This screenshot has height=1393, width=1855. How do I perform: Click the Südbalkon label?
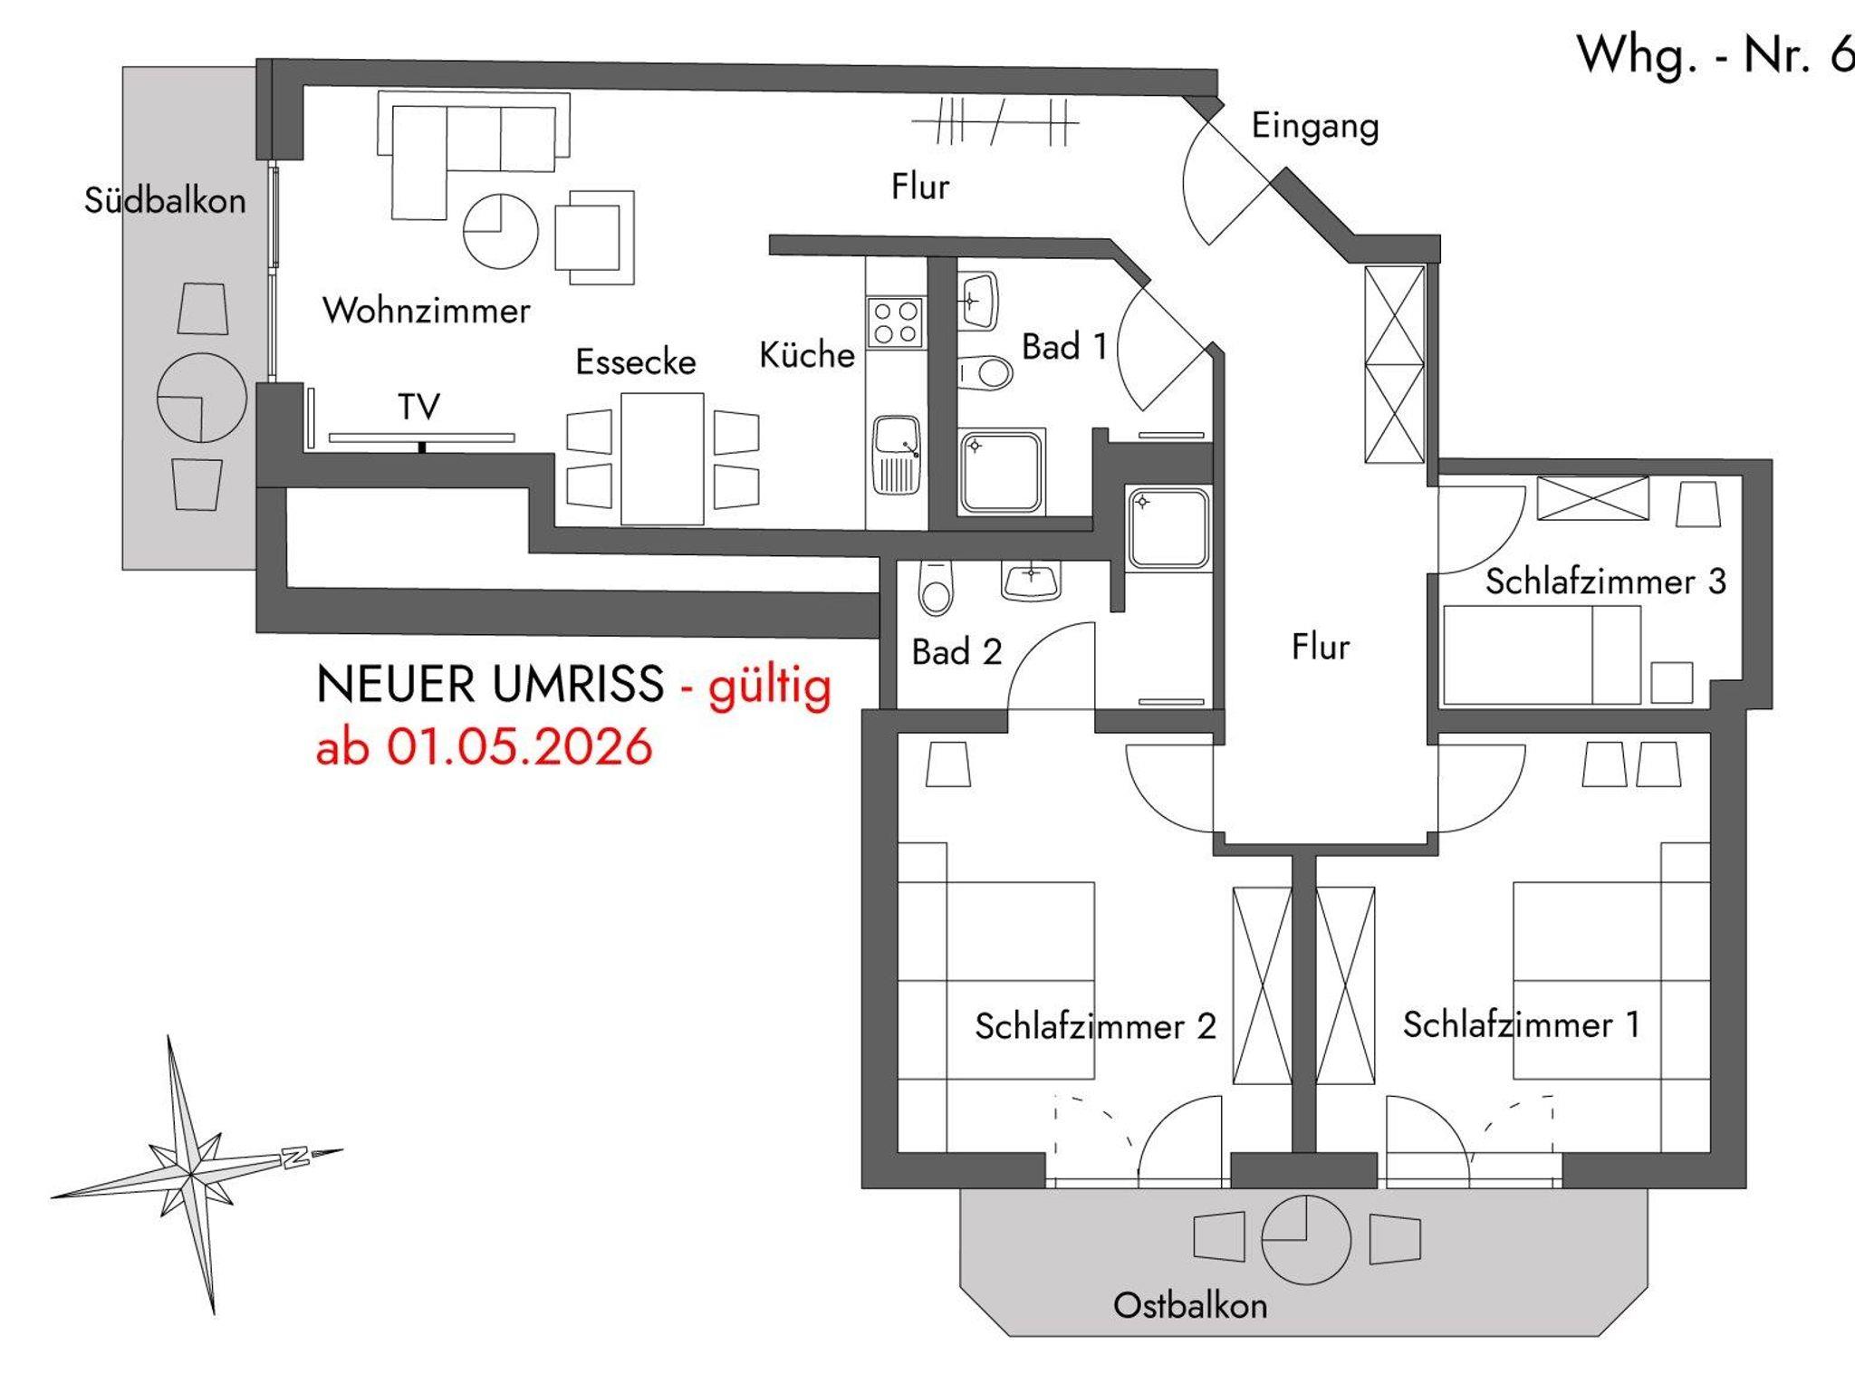pos(165,200)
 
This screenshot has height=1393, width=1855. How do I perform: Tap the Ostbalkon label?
pos(1190,1305)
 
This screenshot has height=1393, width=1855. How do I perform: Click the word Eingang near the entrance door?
pos(1315,127)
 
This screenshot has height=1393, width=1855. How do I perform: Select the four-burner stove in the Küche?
pos(895,322)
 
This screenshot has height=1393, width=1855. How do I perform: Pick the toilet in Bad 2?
pos(936,587)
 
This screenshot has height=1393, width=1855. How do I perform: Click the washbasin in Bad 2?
pos(1031,580)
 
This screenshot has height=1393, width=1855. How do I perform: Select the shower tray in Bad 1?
pos(1002,472)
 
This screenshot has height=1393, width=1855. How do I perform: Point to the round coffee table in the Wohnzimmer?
pos(501,231)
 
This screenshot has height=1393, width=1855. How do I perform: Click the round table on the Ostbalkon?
pos(1305,1239)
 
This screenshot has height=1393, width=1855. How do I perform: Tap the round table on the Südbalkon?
pos(201,397)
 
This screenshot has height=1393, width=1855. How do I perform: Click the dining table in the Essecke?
pos(662,458)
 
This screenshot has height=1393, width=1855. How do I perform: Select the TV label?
pos(418,407)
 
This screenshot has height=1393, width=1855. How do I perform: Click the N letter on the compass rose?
pos(295,1157)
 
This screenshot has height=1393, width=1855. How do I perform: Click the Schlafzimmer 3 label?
pos(1605,581)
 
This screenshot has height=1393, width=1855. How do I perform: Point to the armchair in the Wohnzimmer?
pos(594,236)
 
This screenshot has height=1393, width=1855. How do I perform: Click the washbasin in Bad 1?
pos(978,300)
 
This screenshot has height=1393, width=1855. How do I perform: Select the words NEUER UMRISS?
pos(490,684)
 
